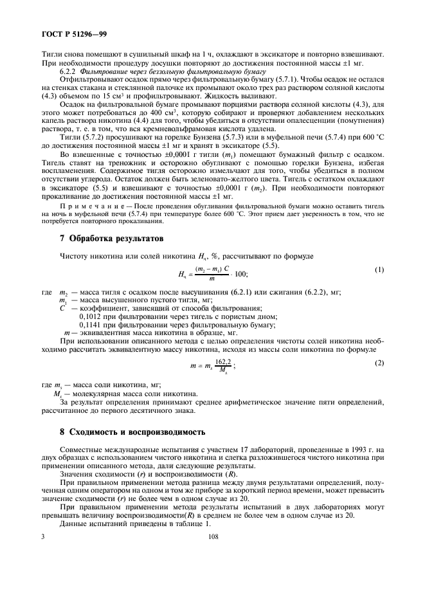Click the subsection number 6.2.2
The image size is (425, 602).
69,73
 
